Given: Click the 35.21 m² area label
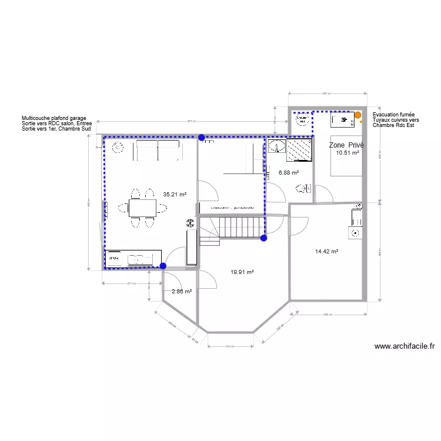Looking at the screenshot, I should [175, 194].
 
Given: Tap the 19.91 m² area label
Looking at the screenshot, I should [242, 272].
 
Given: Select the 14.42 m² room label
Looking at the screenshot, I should [326, 251].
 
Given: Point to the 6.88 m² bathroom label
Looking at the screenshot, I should [288, 173].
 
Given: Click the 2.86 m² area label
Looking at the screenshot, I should [181, 291].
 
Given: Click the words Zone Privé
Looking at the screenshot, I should [346, 145].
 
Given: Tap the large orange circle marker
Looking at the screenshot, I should [358, 115].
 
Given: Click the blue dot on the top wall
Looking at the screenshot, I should [202, 138].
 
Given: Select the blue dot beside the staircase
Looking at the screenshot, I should [263, 238].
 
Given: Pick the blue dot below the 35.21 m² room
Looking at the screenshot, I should [163, 266].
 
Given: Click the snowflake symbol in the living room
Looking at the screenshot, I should [190, 223].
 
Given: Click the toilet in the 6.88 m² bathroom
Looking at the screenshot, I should [303, 189].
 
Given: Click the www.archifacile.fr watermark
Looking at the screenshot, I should [405, 347].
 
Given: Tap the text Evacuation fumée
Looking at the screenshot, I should [393, 115].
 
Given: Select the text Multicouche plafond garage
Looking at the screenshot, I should [54, 118].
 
